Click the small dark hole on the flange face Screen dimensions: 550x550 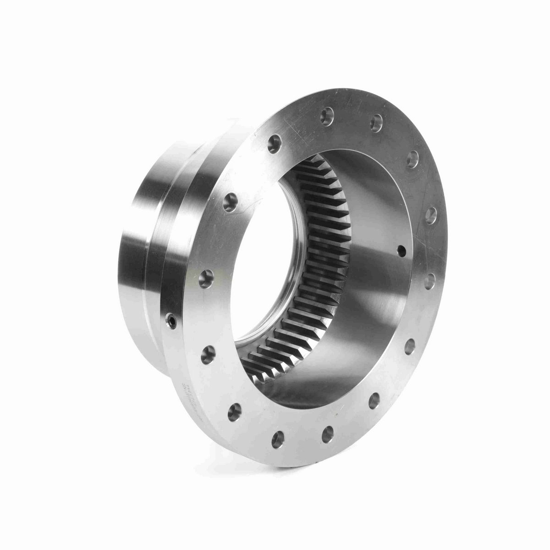coord(402,250)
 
